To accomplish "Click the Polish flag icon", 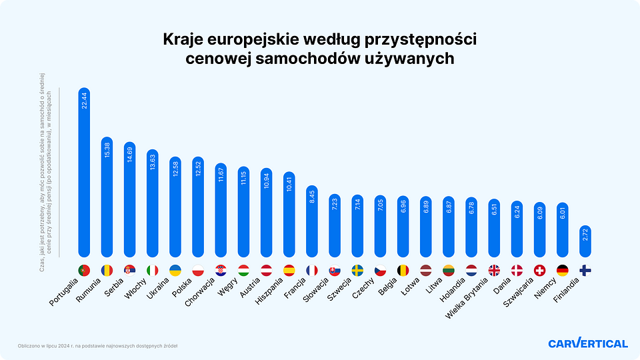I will pos(198,270).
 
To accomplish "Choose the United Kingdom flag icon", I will pos(494,270).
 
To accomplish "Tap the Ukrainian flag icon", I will pos(175,270).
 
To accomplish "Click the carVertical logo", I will pos(587,343).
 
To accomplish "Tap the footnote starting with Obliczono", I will pos(97,345).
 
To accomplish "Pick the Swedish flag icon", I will pos(357,270).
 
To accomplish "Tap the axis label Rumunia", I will pos(88,293).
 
